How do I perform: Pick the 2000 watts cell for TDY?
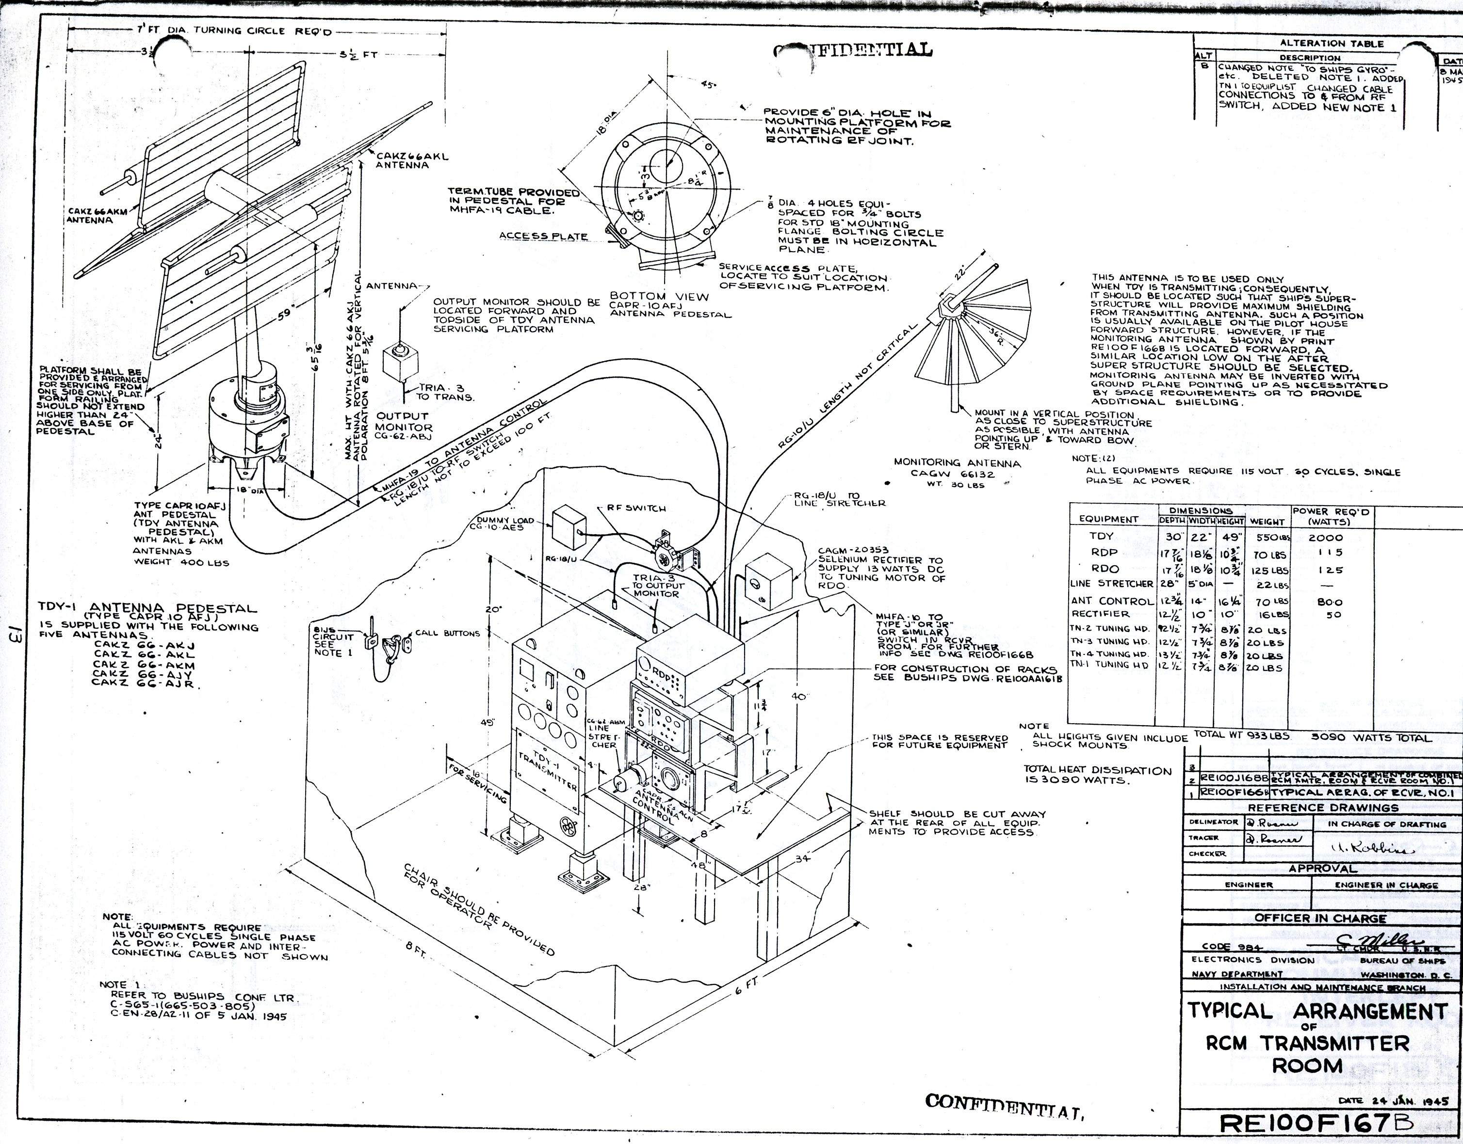coord(1325,537)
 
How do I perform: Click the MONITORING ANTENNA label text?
coord(957,463)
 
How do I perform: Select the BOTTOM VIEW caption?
coord(659,296)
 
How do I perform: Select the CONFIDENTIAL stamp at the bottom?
coord(1005,1102)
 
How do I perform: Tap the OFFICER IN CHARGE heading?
coord(1319,918)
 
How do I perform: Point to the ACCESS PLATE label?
coord(543,236)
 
